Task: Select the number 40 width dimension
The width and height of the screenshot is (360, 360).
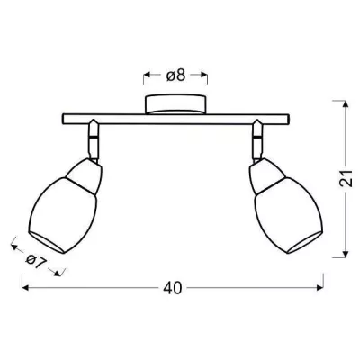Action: (174, 288)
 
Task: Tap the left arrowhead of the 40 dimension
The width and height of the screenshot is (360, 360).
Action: (23, 288)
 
